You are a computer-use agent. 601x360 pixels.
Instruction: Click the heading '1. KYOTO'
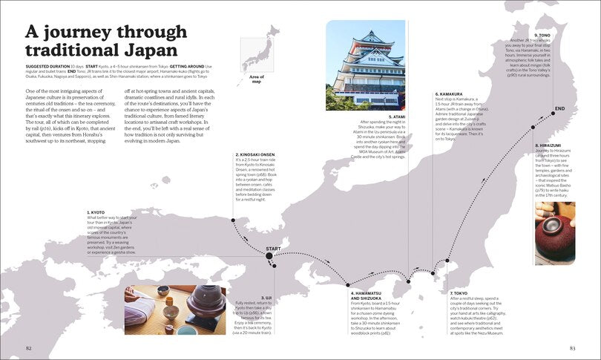click(96, 212)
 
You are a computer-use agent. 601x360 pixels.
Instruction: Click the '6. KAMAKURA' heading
click(448, 94)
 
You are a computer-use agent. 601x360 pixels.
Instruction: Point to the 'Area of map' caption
click(257, 79)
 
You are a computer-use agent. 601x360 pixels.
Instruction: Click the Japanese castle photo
click(364, 65)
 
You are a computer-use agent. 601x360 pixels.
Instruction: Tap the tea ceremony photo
click(175, 310)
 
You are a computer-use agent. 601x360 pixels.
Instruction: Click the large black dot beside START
click(269, 256)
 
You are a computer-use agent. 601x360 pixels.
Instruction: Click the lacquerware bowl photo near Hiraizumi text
click(554, 233)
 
